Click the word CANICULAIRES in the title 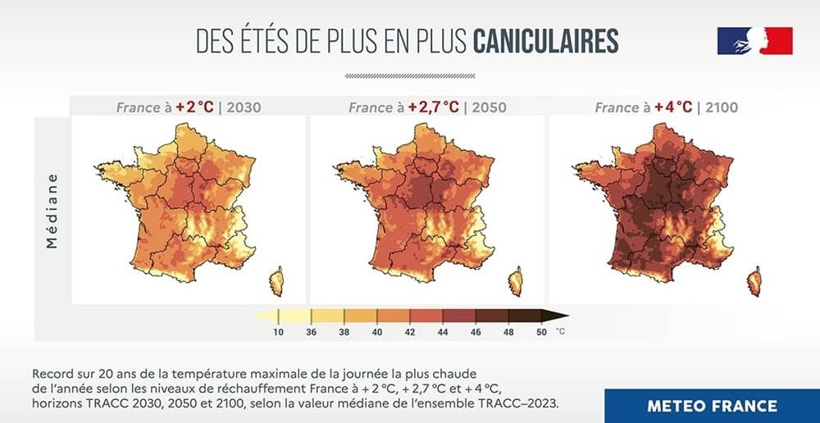tap(546, 40)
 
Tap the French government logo tap(754, 41)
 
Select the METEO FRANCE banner tap(712, 406)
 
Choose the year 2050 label tap(489, 107)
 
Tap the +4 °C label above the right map tap(672, 107)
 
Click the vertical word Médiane tap(53, 210)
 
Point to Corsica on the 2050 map tap(516, 281)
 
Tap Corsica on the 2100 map tap(754, 281)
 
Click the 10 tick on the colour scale tap(279, 332)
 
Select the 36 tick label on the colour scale tap(312, 332)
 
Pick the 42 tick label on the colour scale tap(410, 332)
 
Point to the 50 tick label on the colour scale tap(541, 332)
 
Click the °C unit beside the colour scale tap(561, 332)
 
